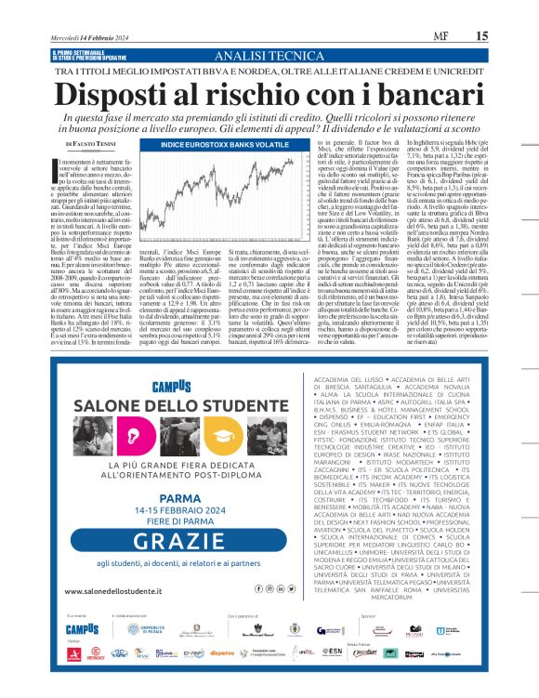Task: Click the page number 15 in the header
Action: point(508,11)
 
